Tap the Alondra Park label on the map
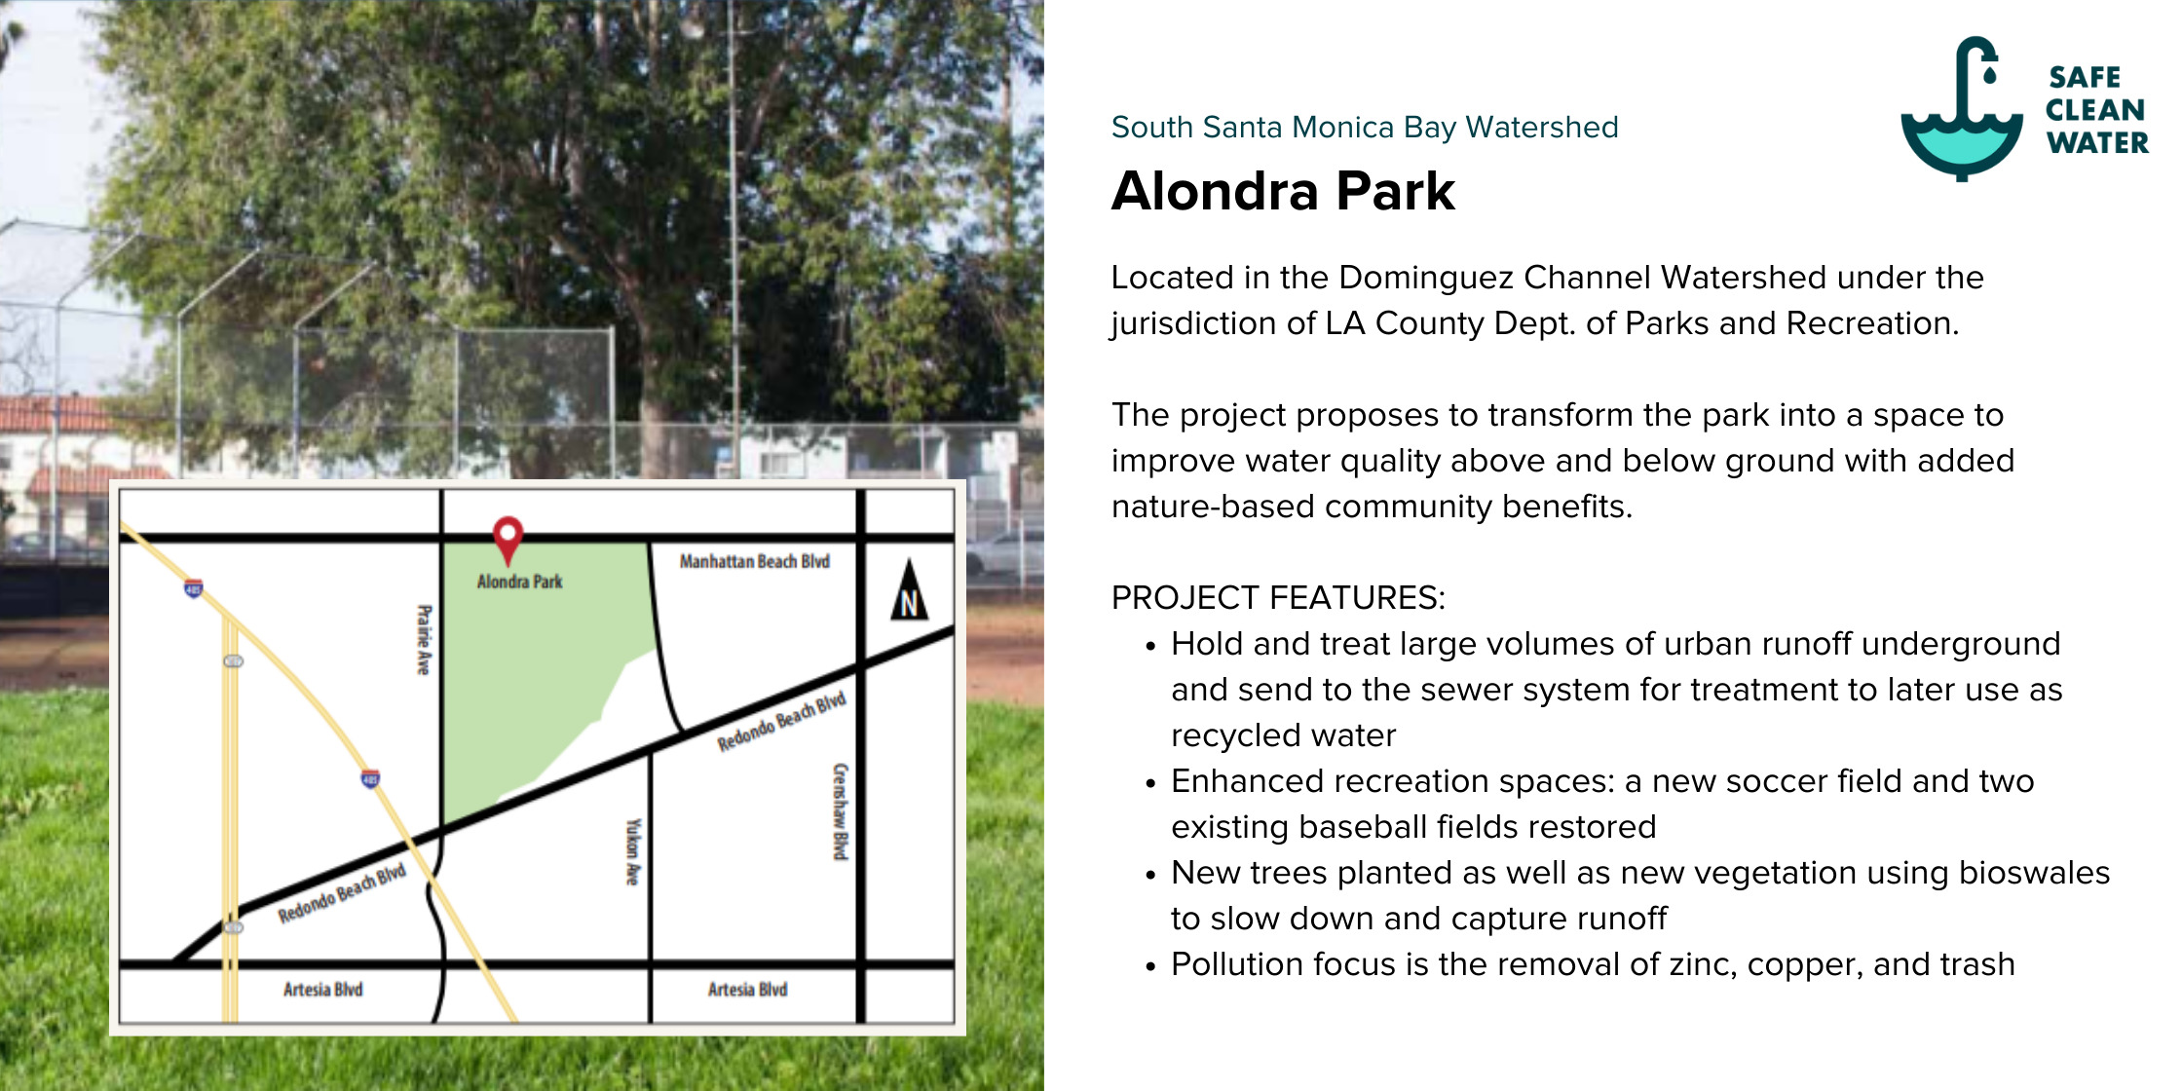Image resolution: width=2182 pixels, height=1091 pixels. (519, 582)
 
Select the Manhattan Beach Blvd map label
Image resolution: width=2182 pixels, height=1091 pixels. (755, 561)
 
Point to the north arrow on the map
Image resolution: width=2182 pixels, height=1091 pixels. (909, 590)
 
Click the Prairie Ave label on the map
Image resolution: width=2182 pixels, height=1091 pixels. (424, 639)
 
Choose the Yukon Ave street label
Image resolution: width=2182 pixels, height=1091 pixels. (633, 851)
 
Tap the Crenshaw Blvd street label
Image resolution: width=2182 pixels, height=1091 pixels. (841, 811)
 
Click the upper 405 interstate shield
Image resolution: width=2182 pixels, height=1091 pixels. (194, 588)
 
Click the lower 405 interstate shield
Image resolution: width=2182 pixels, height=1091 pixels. (371, 778)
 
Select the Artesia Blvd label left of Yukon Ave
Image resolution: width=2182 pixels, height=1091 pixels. (322, 990)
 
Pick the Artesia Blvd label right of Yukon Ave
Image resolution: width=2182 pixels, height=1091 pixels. (747, 990)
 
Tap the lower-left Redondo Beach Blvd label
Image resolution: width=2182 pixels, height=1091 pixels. (342, 893)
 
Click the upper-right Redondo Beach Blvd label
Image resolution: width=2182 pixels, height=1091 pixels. (782, 722)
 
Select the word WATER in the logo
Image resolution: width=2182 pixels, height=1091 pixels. (2097, 143)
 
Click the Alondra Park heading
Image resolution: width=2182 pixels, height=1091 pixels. (1283, 191)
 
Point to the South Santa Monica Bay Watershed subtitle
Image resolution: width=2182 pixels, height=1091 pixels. (1365, 128)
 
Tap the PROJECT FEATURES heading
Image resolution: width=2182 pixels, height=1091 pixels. (1278, 597)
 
